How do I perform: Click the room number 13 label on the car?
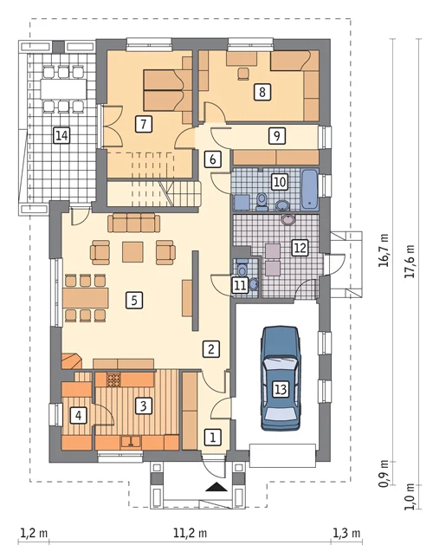(281, 389)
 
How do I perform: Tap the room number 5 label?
(134, 300)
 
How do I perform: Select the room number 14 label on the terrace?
(61, 135)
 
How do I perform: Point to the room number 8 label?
(262, 92)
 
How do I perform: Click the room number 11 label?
(240, 286)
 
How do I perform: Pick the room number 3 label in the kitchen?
(143, 406)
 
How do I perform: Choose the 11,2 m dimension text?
(190, 534)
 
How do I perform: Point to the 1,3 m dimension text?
(346, 534)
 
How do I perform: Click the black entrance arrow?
(216, 486)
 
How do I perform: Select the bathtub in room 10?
(309, 189)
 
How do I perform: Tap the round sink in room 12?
(288, 219)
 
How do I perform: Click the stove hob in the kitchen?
(113, 380)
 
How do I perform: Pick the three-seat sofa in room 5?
(133, 223)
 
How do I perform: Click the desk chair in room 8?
(243, 73)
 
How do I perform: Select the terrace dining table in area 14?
(63, 88)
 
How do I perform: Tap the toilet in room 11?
(242, 269)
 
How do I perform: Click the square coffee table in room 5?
(132, 252)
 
